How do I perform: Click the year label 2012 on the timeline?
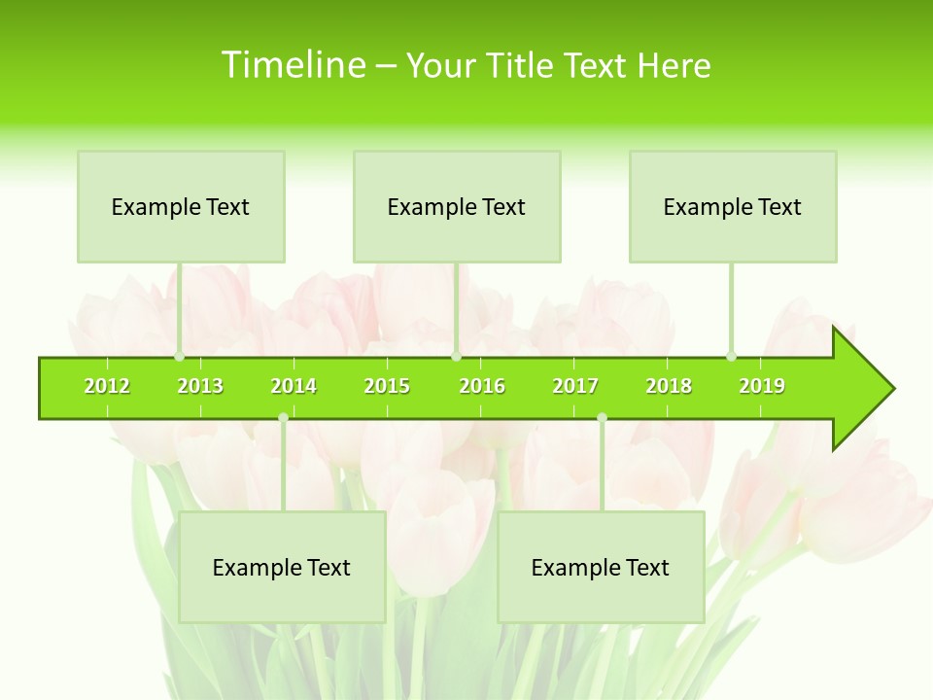pos(107,386)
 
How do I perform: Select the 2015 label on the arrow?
pos(387,386)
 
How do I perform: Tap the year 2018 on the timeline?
pos(669,386)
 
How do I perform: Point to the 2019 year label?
pos(762,386)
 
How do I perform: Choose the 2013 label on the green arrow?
pos(200,386)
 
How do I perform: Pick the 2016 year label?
pos(482,386)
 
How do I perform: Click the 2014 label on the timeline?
pos(294,386)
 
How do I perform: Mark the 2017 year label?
pos(575,386)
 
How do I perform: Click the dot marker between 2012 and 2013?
pos(179,356)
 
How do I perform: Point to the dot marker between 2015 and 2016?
pos(456,356)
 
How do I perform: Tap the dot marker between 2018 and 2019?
pos(732,356)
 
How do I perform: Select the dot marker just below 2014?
pos(283,417)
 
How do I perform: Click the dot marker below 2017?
pos(602,417)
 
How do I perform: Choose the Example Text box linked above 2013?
pos(181,206)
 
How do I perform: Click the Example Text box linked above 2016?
pos(457,206)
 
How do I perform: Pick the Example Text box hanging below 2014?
pos(282,567)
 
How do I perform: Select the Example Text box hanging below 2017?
pos(601,567)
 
